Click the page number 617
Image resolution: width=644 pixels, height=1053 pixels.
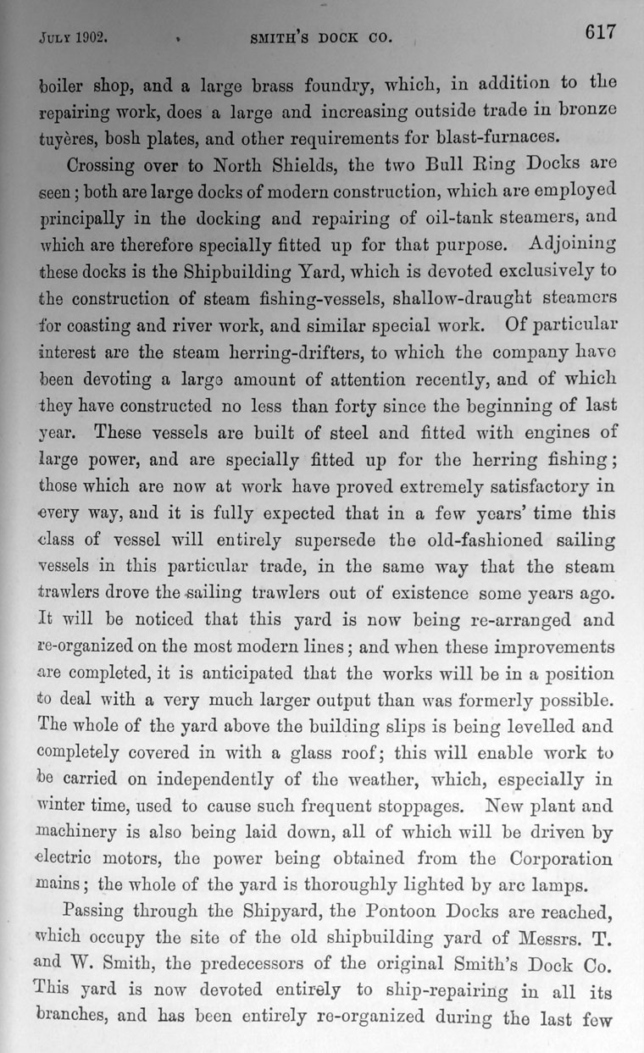click(x=598, y=33)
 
